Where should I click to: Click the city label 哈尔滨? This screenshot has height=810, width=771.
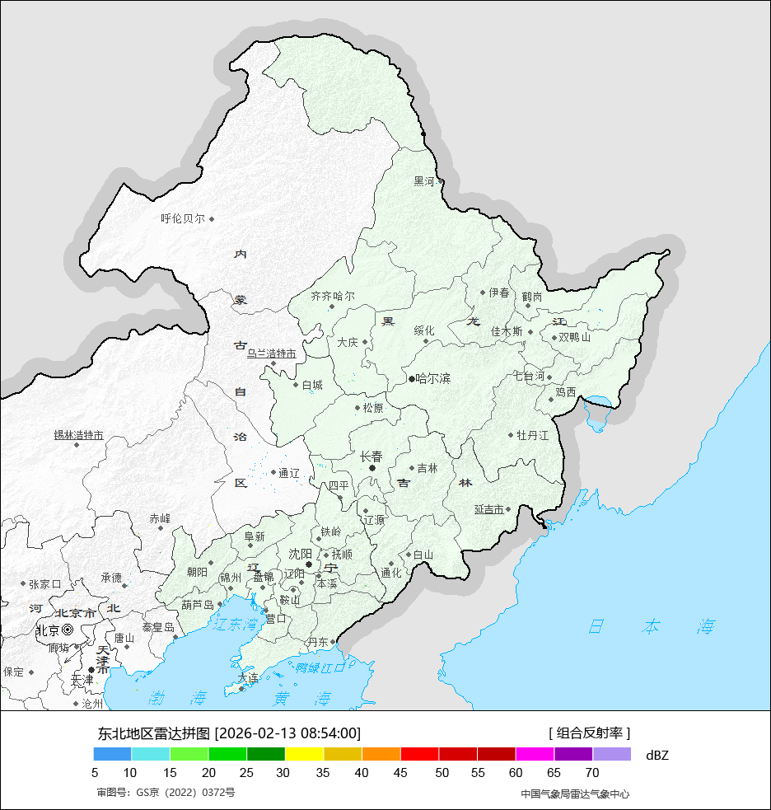tap(433, 379)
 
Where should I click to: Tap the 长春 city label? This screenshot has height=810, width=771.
tap(371, 457)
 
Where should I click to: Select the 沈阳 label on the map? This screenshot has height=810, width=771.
tap(301, 554)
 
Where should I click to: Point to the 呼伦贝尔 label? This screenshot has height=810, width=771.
tap(183, 219)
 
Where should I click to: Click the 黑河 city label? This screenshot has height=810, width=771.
tap(423, 181)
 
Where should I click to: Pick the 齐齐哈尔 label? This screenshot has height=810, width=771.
tap(333, 296)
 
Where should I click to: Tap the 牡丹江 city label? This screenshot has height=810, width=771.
tap(532, 435)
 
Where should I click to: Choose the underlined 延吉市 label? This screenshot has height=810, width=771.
tap(489, 510)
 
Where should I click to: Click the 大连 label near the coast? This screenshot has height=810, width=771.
tap(247, 678)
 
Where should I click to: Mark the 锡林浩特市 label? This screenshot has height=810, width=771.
tap(79, 435)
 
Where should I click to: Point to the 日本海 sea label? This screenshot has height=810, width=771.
tap(651, 626)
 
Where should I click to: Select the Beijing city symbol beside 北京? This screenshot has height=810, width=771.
tap(68, 630)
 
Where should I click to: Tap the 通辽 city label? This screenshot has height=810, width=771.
tap(289, 473)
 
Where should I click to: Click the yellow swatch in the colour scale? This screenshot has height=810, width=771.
tap(305, 754)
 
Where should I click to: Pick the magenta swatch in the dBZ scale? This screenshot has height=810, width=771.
tap(535, 754)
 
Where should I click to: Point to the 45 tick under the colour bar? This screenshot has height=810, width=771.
tap(401, 773)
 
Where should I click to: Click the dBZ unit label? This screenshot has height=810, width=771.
tap(657, 755)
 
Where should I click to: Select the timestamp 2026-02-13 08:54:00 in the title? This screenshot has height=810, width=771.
tap(288, 733)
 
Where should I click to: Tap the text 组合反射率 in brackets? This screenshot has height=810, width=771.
tap(590, 733)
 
